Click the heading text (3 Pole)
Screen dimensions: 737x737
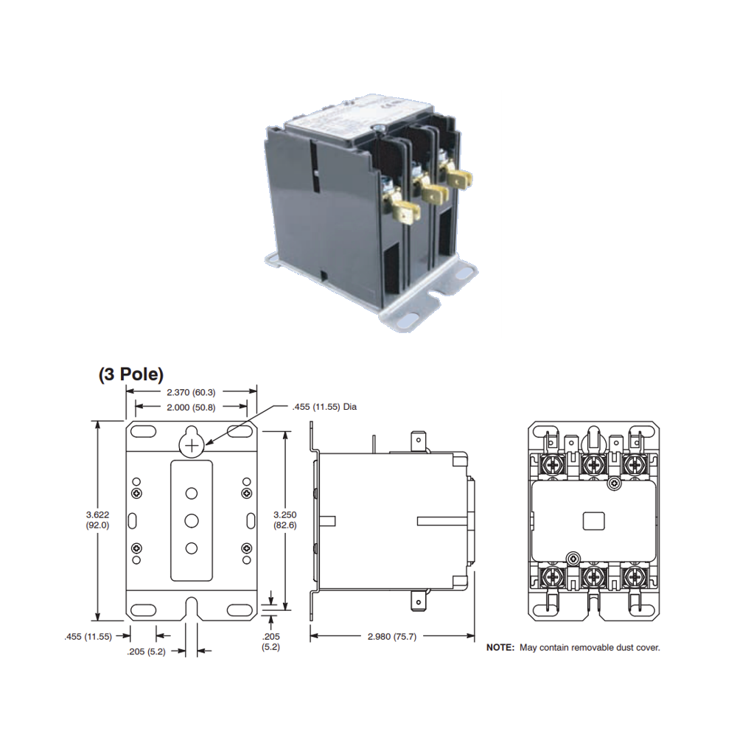pos(131,374)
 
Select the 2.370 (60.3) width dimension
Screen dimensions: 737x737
pos(191,391)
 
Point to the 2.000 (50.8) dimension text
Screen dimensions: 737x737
pos(191,407)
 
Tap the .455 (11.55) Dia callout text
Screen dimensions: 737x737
pos(324,406)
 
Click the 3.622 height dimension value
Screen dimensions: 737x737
pos(97,514)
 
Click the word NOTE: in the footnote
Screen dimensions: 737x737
pos(500,648)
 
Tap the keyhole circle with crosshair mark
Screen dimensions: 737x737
pos(191,445)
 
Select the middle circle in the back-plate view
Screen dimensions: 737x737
pos(192,520)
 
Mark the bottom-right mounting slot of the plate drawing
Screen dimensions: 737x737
pos(238,609)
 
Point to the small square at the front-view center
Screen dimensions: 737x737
pos(593,520)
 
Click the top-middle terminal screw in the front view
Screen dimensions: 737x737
pos(594,465)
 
